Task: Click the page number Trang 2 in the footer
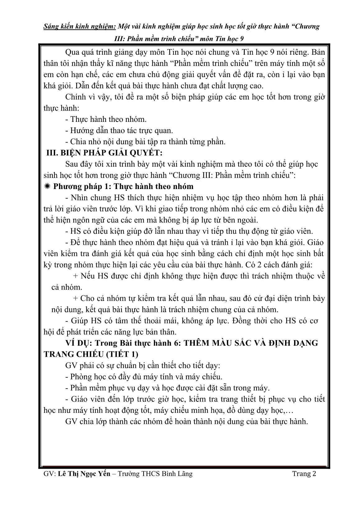click(x=304, y=474)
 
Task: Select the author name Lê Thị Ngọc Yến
click(x=84, y=474)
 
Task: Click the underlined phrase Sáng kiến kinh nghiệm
click(x=79, y=26)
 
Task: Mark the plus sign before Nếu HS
click(x=76, y=276)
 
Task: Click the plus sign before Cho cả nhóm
click(x=76, y=298)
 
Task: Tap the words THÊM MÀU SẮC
click(x=218, y=343)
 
